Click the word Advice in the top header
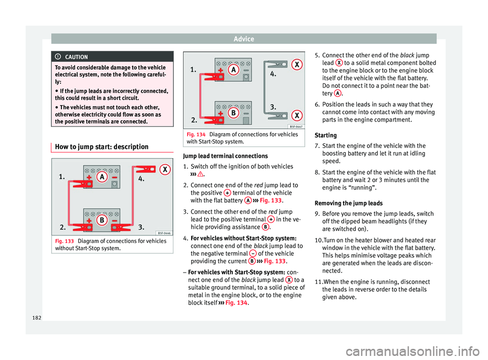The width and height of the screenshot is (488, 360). point(244,39)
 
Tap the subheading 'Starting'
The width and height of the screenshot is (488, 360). point(326,135)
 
